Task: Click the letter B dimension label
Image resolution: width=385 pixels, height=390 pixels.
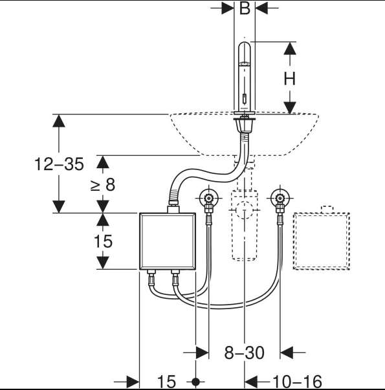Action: pos(245,8)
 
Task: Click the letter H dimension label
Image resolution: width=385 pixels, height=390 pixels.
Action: pos(290,79)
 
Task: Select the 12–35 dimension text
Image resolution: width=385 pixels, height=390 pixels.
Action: pos(59,164)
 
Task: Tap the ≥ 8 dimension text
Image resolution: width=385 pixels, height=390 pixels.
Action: pos(103,185)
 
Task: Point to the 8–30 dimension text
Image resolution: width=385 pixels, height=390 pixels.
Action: pos(244,352)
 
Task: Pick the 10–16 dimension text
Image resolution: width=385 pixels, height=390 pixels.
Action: pos(297,382)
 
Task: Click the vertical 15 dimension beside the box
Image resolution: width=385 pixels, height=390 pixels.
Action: pos(103,241)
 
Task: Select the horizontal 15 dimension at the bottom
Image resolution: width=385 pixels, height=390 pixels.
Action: pos(166,382)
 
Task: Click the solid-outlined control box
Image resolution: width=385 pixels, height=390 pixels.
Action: pos(168,241)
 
